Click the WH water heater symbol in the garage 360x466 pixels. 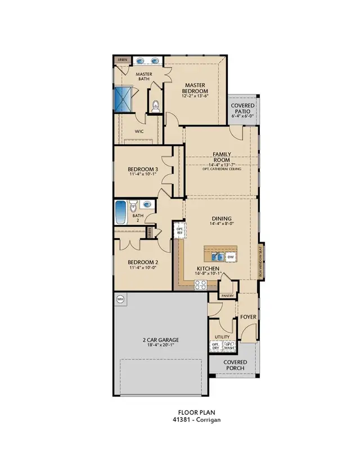[120, 299]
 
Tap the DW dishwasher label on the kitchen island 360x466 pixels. [230, 257]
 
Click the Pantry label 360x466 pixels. [227, 295]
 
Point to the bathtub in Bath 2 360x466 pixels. [121, 212]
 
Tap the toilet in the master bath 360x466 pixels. [156, 104]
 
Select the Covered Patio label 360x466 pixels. [242, 109]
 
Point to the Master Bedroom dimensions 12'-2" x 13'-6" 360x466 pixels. [195, 96]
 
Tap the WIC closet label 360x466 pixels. [139, 132]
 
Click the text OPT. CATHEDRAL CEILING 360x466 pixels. [222, 169]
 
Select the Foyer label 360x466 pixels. [248, 317]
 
